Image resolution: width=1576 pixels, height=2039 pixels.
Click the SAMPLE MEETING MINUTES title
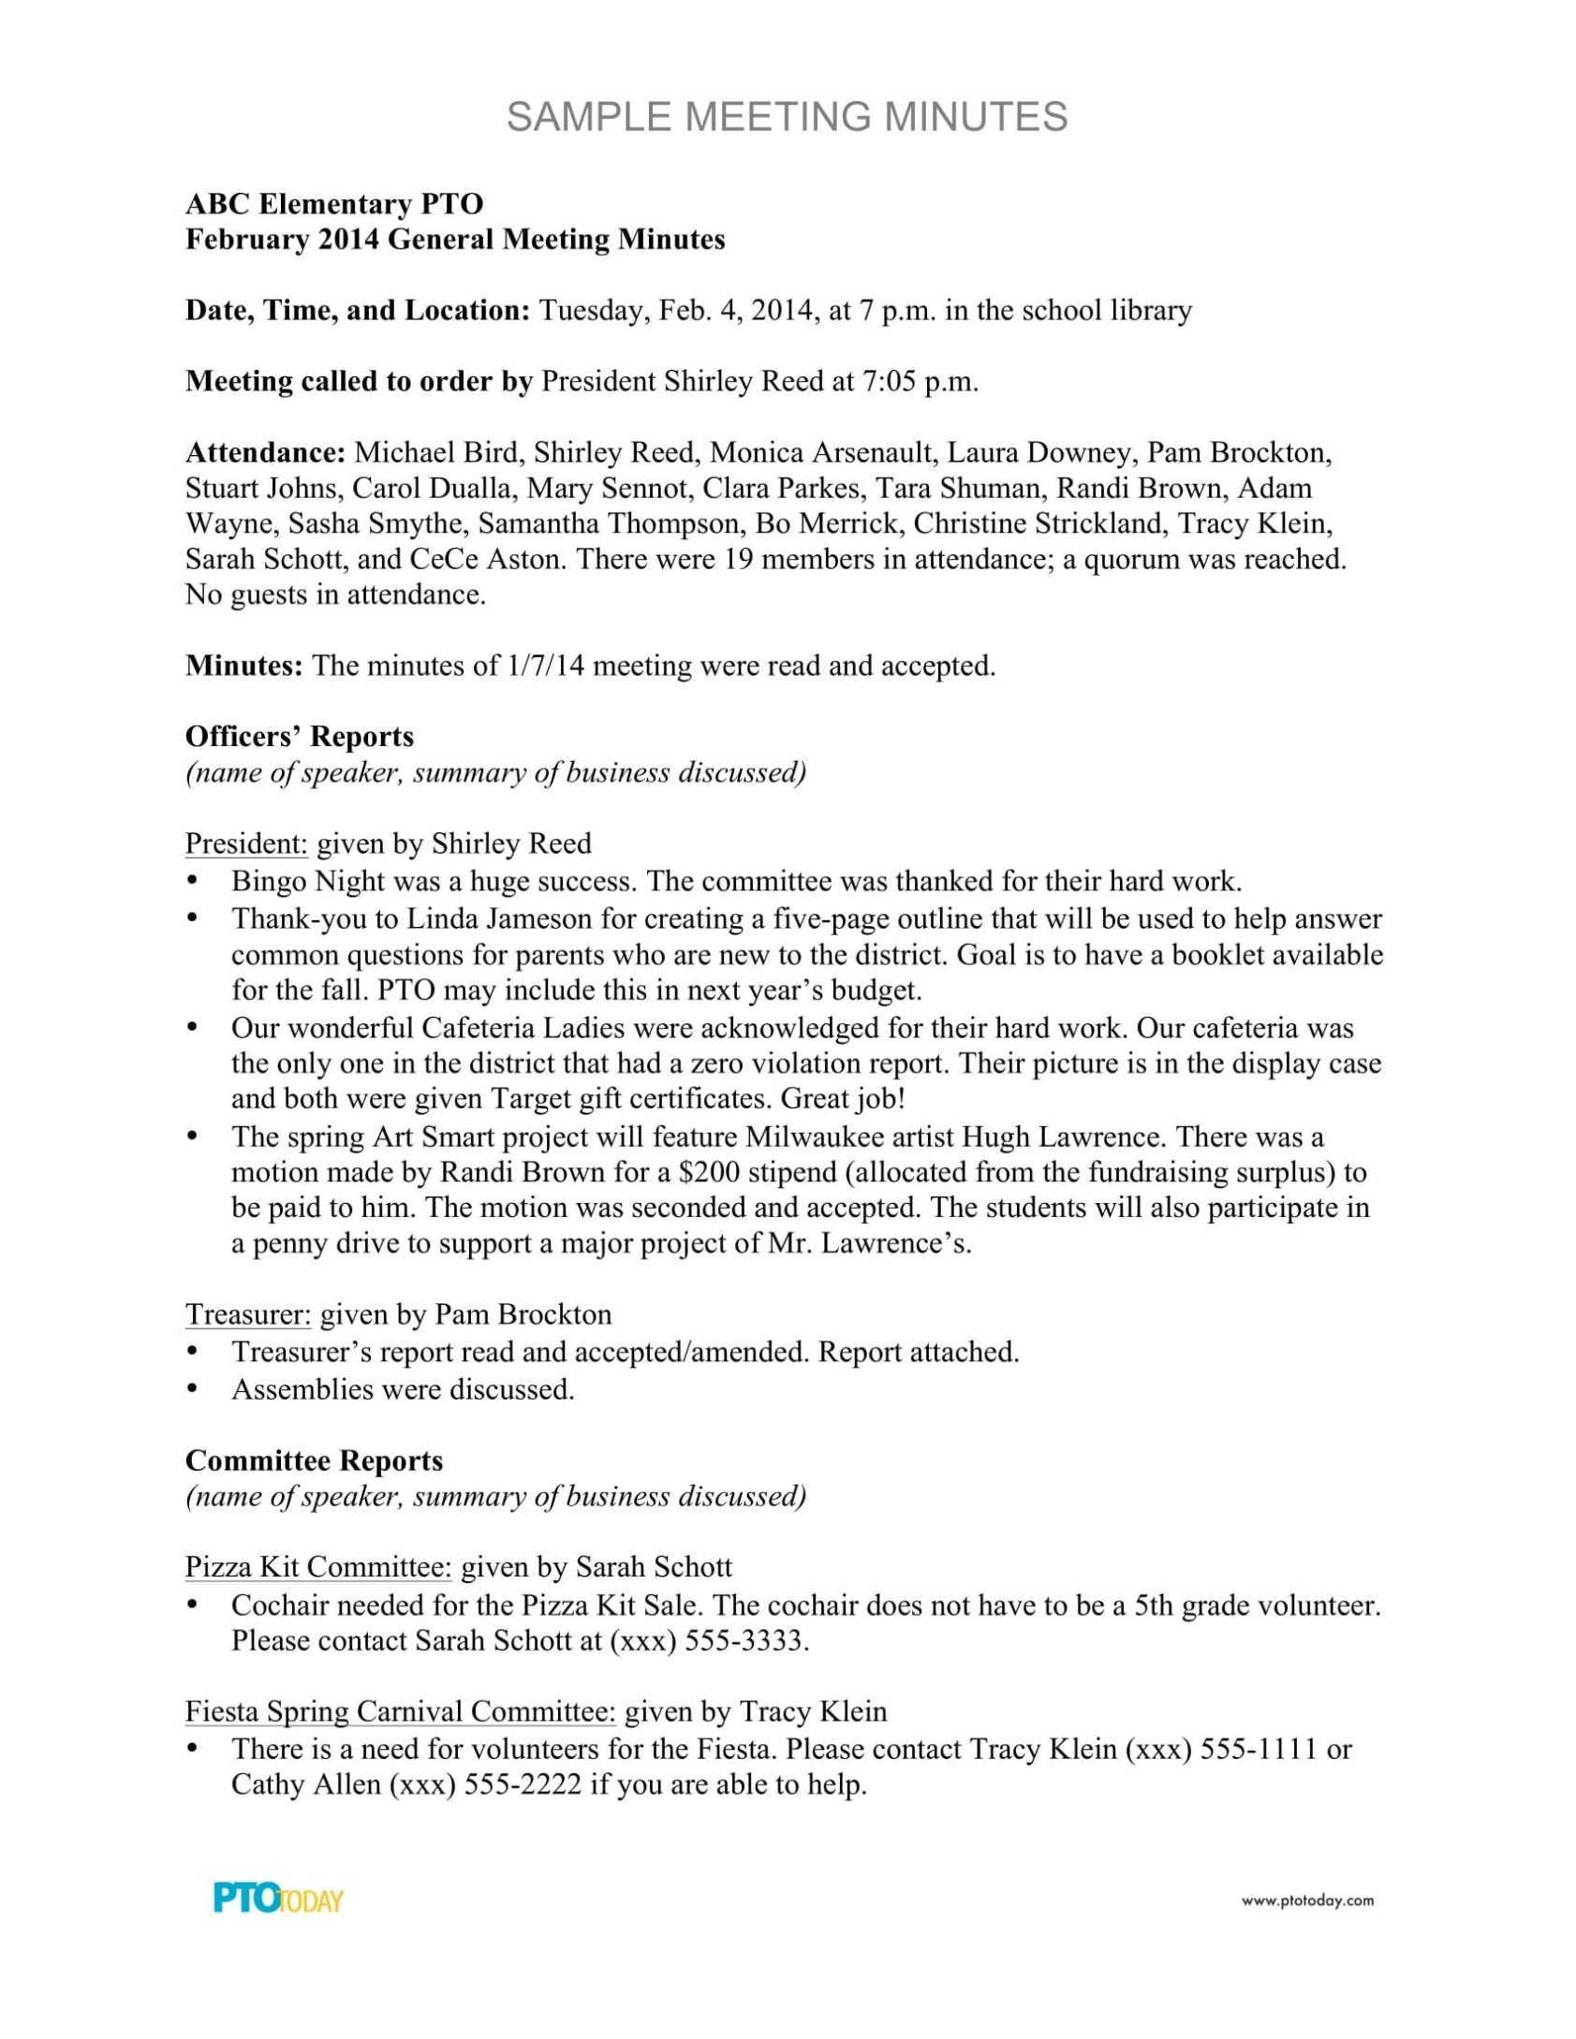click(787, 117)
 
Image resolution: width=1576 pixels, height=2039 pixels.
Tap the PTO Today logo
click(278, 1899)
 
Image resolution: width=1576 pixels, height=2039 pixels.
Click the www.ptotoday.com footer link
click(1307, 1900)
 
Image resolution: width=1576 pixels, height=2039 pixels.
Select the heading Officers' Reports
click(300, 737)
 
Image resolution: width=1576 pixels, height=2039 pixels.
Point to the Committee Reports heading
click(315, 1460)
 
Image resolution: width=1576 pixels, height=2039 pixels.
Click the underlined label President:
click(246, 843)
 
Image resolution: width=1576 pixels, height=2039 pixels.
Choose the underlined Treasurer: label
click(248, 1314)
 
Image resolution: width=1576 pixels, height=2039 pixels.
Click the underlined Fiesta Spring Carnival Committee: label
click(400, 1711)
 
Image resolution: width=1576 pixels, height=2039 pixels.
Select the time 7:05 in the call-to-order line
click(886, 382)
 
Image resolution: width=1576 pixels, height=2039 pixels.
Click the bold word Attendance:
click(266, 453)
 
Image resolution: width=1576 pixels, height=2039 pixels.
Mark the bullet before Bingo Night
click(193, 881)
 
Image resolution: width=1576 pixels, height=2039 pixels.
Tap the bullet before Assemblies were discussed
click(193, 1388)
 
